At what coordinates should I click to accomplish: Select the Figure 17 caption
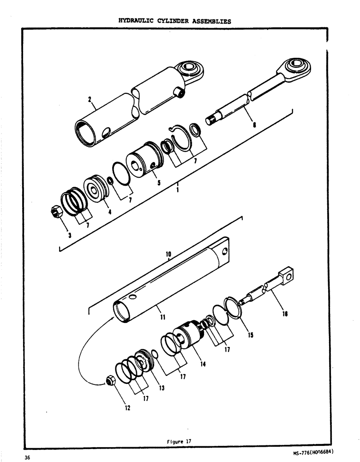click(x=180, y=441)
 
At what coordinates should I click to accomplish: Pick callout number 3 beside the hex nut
click(x=69, y=235)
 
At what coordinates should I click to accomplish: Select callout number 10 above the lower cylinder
click(x=168, y=254)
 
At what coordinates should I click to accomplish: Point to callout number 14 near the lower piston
click(x=204, y=364)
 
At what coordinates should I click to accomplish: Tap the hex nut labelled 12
click(x=110, y=381)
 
